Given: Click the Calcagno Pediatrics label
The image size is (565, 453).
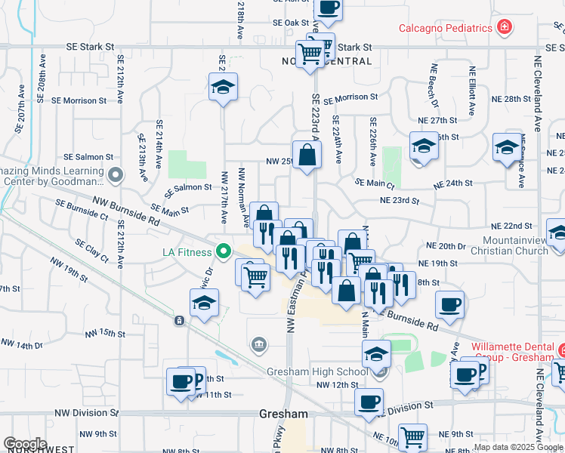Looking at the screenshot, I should click(x=446, y=28).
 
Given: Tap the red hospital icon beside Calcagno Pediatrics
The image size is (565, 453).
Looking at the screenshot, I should click(x=504, y=28).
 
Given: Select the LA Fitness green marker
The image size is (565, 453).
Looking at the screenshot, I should click(x=223, y=251).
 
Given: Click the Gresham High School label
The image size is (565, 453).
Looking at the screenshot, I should click(x=317, y=372).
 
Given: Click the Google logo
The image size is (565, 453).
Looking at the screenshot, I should click(x=25, y=444).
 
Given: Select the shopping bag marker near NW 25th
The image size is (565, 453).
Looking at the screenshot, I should click(x=307, y=156).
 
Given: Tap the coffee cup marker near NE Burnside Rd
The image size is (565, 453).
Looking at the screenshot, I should click(x=449, y=305).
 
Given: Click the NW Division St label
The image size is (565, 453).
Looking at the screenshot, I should click(x=85, y=413).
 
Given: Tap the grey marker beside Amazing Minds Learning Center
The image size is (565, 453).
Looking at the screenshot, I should click(x=115, y=176).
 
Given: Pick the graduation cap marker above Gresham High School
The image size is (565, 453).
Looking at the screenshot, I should click(x=376, y=353).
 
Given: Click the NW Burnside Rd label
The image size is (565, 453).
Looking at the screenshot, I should click(x=126, y=212).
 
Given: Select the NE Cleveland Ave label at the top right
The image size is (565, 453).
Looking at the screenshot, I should click(x=539, y=91).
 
